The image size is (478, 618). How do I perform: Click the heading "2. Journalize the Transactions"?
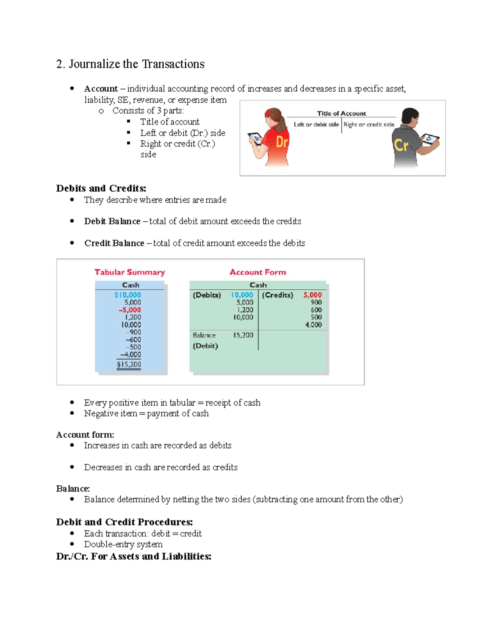[130, 64]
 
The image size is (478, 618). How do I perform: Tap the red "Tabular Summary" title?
[129, 272]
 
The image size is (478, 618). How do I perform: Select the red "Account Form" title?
[258, 272]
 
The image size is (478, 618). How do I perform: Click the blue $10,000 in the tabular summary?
[127, 295]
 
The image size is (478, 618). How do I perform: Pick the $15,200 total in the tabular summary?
[129, 364]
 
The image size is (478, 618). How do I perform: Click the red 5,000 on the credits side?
[312, 295]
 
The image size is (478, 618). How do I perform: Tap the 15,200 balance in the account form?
[243, 335]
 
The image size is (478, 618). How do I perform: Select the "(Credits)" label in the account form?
[277, 295]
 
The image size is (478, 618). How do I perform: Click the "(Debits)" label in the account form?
[207, 295]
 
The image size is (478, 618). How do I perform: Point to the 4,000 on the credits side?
[313, 325]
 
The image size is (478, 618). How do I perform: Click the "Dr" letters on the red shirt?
[282, 142]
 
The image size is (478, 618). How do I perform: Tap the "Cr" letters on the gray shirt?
[401, 145]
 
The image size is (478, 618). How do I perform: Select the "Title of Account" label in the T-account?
[341, 113]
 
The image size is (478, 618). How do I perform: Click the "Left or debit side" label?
[316, 125]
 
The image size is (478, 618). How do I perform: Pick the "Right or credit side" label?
[369, 125]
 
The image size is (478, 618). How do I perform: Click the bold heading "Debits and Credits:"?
[101, 188]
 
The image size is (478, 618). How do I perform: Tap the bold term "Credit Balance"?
[114, 243]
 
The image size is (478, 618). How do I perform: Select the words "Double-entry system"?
[123, 544]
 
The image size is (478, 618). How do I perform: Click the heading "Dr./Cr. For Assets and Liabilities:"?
[133, 556]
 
